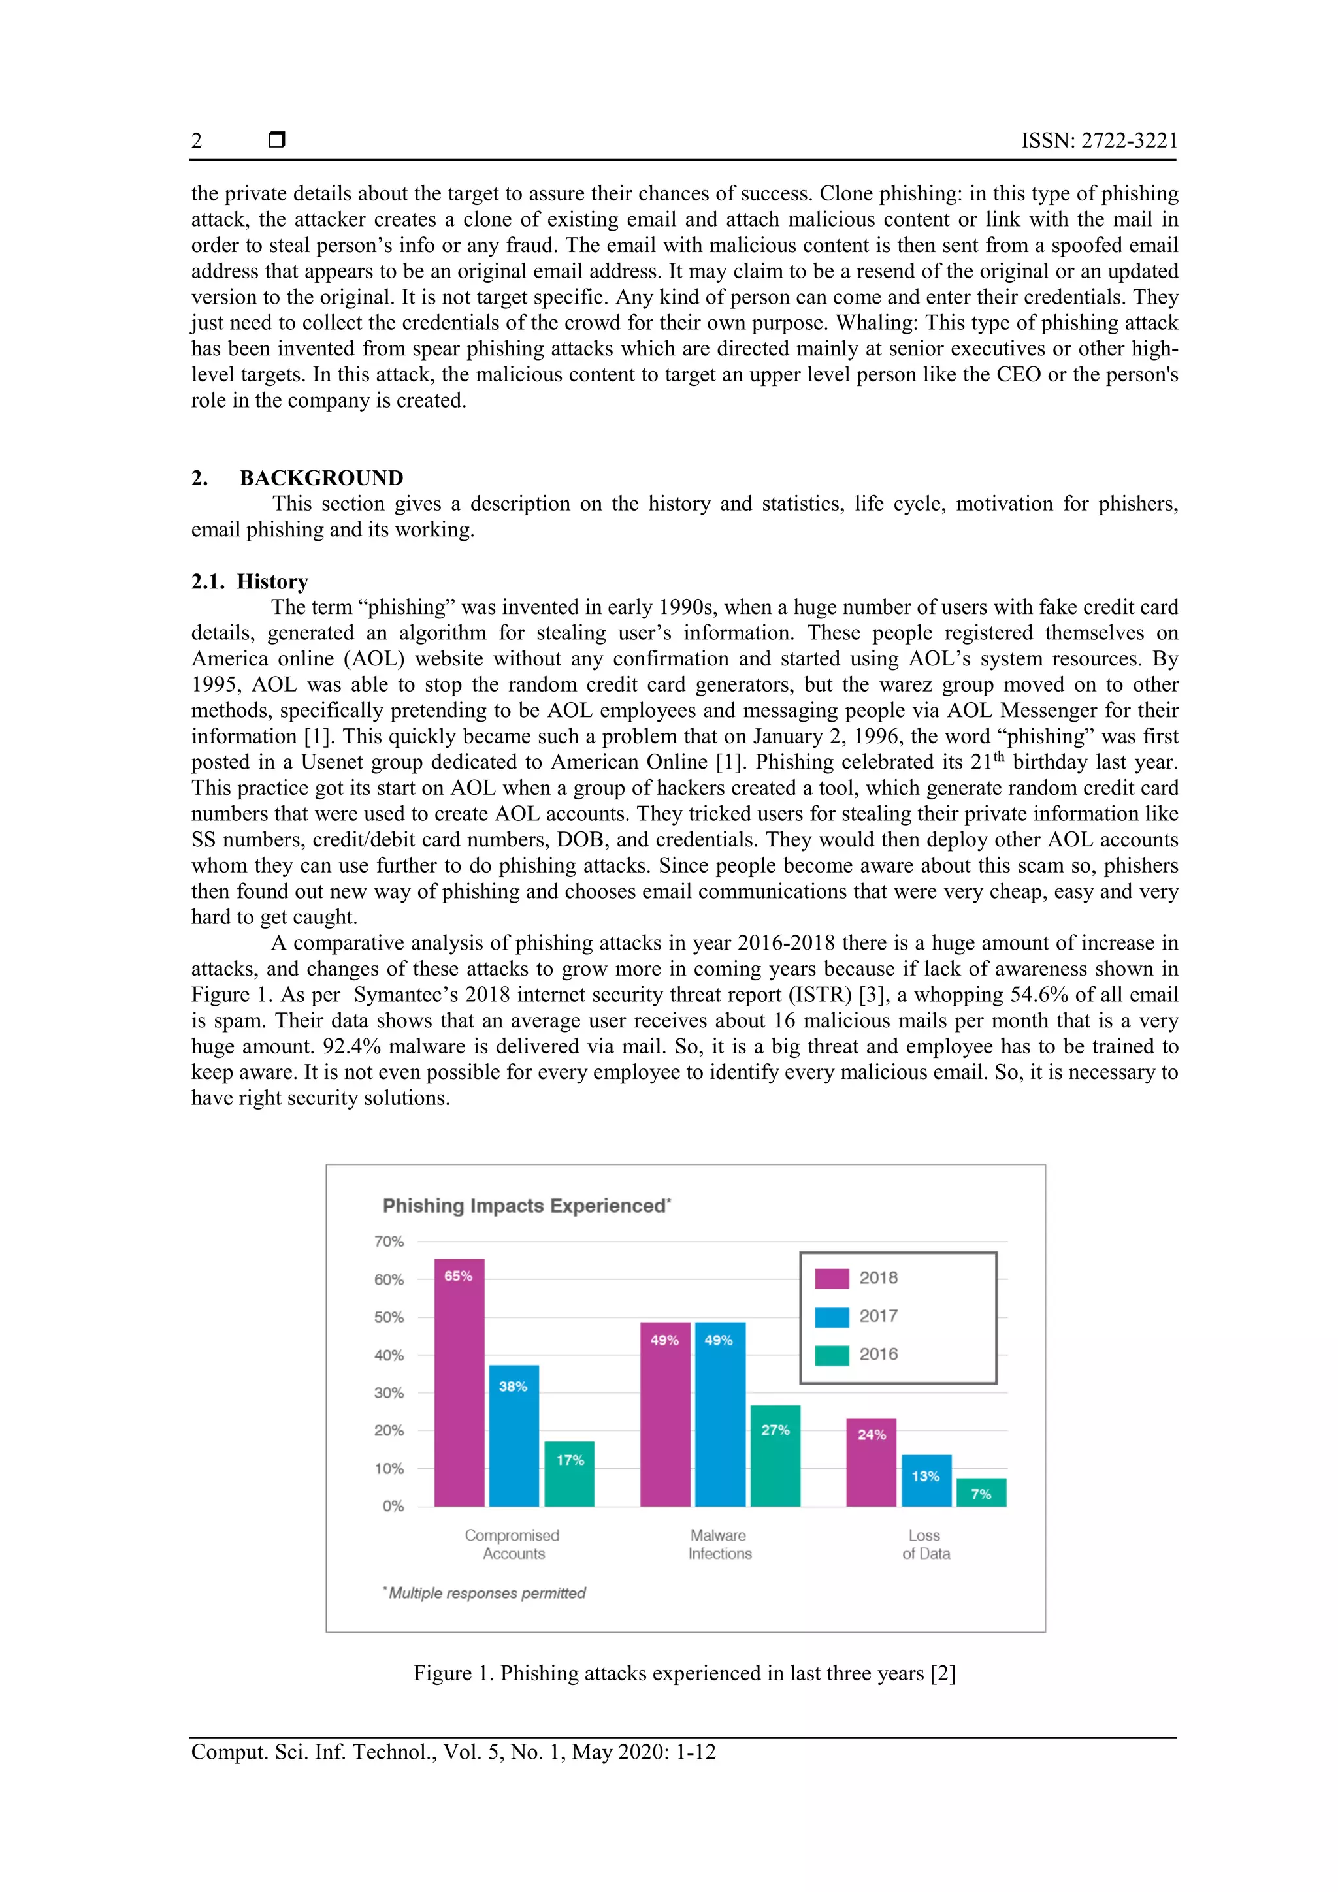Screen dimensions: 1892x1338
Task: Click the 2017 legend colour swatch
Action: [832, 1317]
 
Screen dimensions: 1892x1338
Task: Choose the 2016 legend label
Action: [878, 1354]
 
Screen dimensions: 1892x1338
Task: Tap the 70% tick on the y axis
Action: [389, 1242]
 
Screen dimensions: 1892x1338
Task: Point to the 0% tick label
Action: [393, 1506]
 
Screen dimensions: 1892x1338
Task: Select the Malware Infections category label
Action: [720, 1545]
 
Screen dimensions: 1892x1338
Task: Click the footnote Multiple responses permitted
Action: [485, 1593]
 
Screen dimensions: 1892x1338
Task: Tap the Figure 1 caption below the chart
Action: [684, 1674]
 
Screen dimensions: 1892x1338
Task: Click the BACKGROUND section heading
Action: [321, 478]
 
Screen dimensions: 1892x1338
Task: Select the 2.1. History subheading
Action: [250, 581]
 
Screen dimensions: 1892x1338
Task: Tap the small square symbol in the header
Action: [277, 139]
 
